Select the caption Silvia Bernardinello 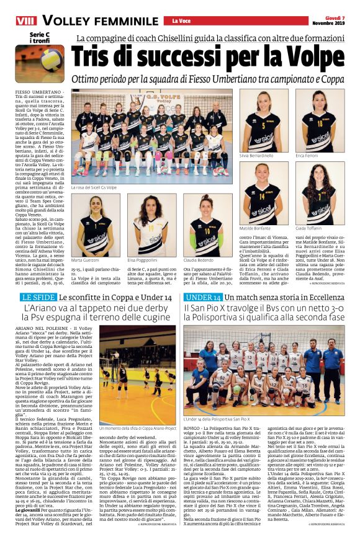[x=256, y=156]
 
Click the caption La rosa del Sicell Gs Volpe [x=94, y=187]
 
